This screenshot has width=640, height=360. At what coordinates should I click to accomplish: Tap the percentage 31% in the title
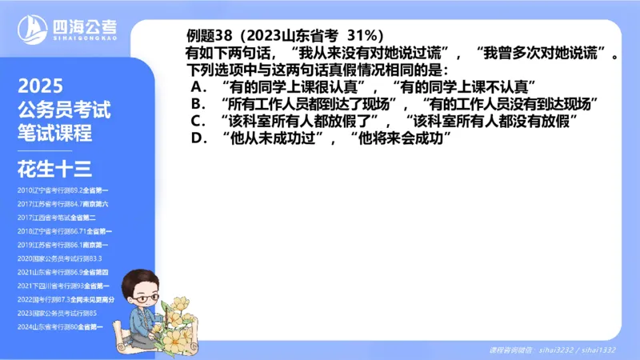point(366,36)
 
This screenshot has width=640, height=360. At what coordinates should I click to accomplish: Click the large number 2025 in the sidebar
point(41,87)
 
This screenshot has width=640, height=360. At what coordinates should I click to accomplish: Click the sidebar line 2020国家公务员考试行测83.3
point(60,258)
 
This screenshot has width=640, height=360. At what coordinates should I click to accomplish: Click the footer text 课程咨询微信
point(512,350)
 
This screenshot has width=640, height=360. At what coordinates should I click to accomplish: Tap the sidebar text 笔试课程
point(54,133)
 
